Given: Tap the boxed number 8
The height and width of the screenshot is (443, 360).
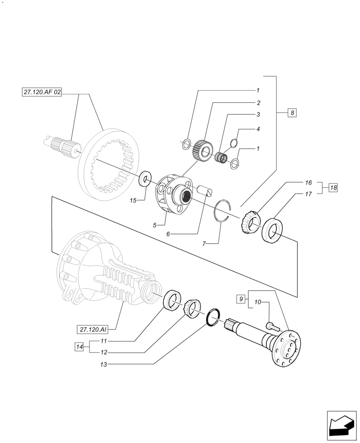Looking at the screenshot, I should click(x=292, y=113).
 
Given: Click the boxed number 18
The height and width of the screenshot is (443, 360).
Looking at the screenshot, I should click(x=333, y=188).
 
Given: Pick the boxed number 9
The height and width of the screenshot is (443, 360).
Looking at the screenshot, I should click(x=241, y=299).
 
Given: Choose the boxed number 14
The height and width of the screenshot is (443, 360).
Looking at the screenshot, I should click(x=79, y=347).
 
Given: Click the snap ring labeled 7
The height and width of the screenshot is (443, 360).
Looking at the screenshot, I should click(x=223, y=210).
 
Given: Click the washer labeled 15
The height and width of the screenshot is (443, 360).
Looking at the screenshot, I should click(x=145, y=179).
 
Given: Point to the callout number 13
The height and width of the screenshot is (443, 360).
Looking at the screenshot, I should click(x=104, y=364).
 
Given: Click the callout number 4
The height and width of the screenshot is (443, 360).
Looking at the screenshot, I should click(x=258, y=129).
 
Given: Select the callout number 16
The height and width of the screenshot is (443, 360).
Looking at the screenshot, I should click(x=308, y=183).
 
